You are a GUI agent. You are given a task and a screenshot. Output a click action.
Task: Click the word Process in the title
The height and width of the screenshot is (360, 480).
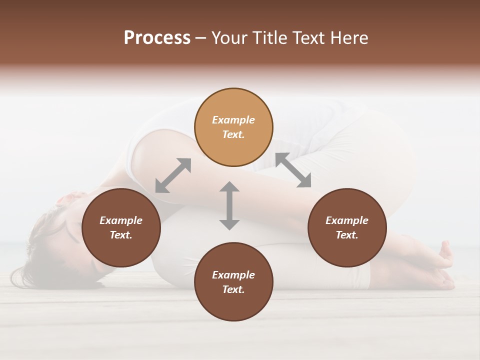coord(157,38)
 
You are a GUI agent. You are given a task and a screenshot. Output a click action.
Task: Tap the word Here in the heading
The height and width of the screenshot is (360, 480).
coord(348,38)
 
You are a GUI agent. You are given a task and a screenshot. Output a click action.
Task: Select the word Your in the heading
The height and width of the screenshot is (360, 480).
coord(230,38)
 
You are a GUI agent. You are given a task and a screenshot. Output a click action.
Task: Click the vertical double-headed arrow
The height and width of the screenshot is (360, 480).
coord(229,205)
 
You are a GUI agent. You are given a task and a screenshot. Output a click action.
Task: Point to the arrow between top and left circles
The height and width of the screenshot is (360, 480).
coord(173,175)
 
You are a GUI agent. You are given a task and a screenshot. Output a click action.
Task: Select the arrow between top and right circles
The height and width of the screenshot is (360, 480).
coord(293,170)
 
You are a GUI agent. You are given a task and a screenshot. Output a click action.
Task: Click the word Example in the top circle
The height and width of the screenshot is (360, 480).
coord(233,120)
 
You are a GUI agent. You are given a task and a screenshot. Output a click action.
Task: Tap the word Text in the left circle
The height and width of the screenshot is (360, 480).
coord(121,235)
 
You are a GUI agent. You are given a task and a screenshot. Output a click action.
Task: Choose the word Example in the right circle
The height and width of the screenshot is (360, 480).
coord(347,220)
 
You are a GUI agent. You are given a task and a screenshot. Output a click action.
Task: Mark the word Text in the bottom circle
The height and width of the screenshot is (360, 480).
coord(233,289)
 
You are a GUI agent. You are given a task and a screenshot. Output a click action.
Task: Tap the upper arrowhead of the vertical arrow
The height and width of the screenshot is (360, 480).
coord(229,187)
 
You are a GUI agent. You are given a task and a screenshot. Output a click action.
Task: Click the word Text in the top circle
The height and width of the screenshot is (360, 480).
coord(233,134)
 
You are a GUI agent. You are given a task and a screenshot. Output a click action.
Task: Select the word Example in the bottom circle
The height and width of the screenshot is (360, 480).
coord(233,275)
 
